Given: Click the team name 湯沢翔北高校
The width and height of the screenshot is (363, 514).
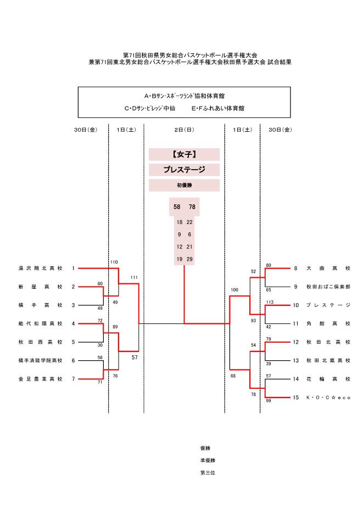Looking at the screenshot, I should pos(40,269).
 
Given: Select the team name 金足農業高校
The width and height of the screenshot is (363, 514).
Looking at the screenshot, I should pos(40,379).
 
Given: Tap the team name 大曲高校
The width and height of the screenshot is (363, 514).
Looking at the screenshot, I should pos(328,269).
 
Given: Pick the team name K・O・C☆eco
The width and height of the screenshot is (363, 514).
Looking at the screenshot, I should pos(328,397).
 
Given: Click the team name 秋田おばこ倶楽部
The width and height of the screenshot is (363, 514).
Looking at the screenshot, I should pos(328,287).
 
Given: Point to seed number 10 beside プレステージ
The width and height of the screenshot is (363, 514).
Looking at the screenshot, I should pos(295,305).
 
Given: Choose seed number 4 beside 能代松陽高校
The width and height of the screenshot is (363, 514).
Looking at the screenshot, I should pos(73,323).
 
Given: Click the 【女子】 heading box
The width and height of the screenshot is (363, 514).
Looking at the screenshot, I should pos(184,155).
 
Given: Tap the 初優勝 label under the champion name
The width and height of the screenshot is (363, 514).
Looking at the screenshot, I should pos(184,186).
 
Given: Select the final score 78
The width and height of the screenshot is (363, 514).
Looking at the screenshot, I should pos(192,207).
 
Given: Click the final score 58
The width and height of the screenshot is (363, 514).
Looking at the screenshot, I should pos(177,207).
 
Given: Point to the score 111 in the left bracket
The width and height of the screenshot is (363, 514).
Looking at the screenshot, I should pos(134,277).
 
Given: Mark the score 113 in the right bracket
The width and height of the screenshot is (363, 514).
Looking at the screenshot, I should pos(269,302).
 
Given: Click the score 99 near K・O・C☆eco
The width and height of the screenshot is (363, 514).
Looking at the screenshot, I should pos(268,401).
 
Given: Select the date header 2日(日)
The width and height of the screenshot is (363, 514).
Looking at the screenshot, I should pos(184,130).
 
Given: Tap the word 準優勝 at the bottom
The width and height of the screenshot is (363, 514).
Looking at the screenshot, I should pos(208,460).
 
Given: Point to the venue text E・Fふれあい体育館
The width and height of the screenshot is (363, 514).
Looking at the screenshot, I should pos(217,109).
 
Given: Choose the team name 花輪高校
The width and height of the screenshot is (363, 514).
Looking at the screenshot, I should pos(328,379).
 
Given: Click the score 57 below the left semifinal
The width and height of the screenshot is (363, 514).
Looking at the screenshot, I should pos(134,357).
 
